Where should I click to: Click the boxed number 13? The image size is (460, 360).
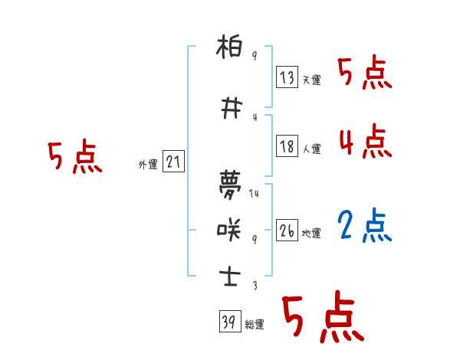point(287,78)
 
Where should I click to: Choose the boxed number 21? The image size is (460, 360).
point(173,162)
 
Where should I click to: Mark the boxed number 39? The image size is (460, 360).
point(229,322)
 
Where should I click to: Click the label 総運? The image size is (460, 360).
point(255,325)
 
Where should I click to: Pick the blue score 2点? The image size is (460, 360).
point(365,226)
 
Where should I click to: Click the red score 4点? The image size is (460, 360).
point(365,141)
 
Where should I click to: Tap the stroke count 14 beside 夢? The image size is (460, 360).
point(255,194)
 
